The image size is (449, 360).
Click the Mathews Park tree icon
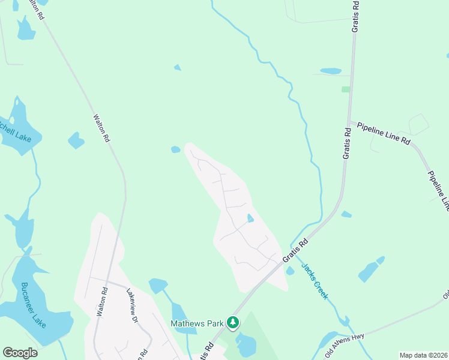point(233,323)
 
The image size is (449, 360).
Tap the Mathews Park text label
point(197,323)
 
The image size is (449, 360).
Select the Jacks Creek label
point(315,281)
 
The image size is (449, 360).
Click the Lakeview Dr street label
point(133,305)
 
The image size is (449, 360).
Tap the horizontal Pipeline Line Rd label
point(383,133)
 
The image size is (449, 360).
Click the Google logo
point(20,353)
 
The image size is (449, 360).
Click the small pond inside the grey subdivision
point(250,218)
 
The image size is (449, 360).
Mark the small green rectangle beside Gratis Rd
point(346,89)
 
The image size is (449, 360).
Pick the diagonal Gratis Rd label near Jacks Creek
point(296,251)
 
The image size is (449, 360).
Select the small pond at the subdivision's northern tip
point(175,149)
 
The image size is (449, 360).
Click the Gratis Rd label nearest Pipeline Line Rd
point(347,143)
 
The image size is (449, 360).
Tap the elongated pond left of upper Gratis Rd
point(330,71)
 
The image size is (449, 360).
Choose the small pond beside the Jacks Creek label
point(291,271)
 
